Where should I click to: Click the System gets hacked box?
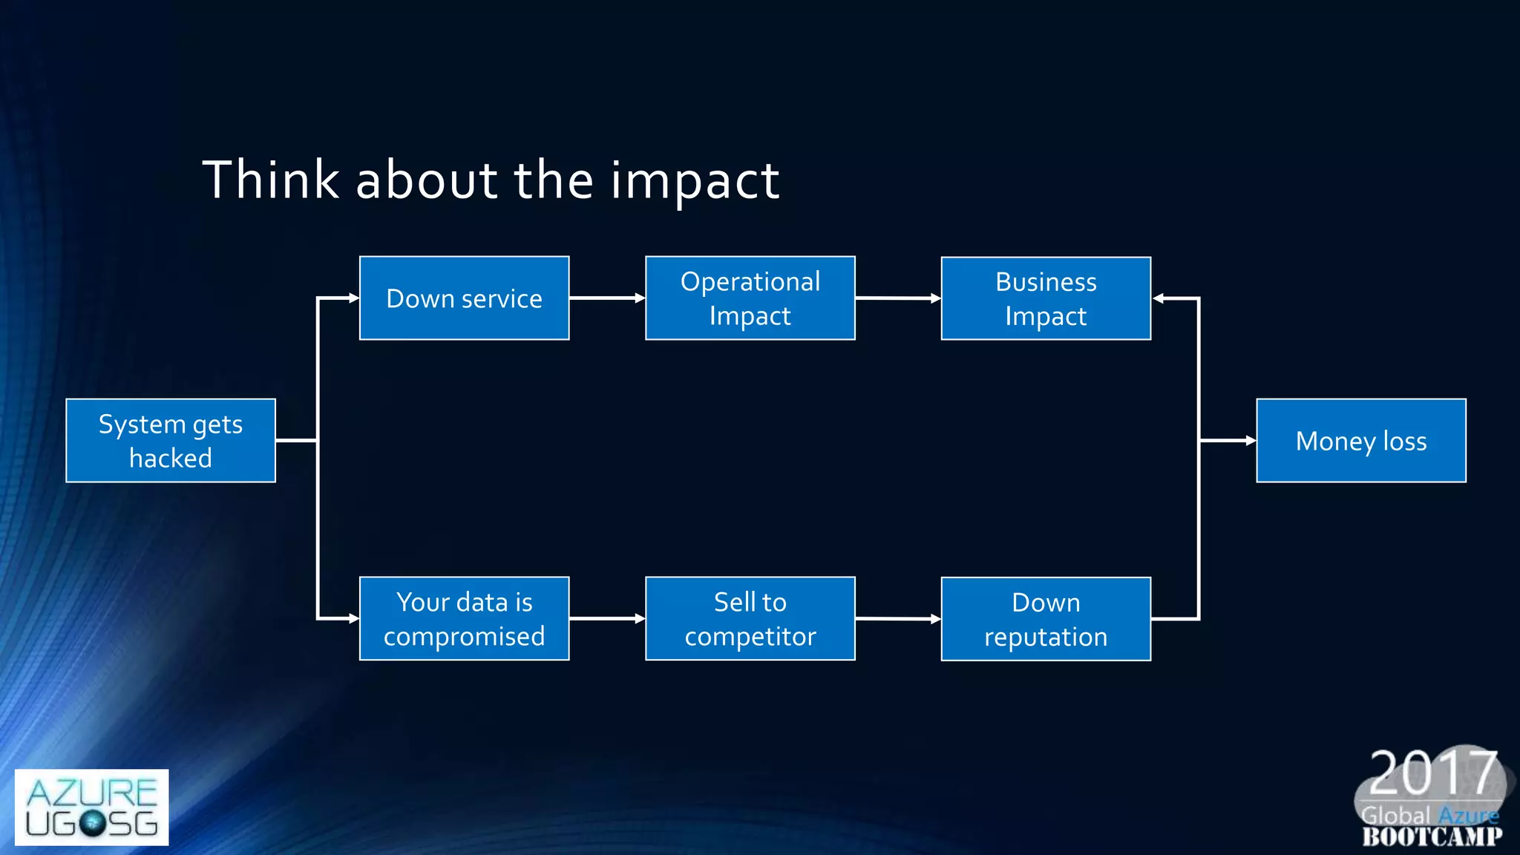[x=170, y=441]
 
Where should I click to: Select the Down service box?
[x=464, y=298]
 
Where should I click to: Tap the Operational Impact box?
[x=750, y=298]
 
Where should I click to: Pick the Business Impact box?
[x=1046, y=298]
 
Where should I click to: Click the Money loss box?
[x=1360, y=441]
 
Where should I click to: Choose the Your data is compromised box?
[x=464, y=618]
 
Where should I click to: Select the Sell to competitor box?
[x=750, y=618]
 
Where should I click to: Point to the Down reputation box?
[x=1046, y=619]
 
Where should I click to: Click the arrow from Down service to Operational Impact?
[x=606, y=298]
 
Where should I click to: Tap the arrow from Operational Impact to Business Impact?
[x=897, y=298]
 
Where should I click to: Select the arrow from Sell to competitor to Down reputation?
[x=897, y=618]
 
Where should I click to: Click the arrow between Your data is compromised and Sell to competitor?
[x=606, y=618]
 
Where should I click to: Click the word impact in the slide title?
[x=695, y=181]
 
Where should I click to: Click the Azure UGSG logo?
[x=91, y=807]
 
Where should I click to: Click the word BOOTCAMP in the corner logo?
[x=1432, y=837]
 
